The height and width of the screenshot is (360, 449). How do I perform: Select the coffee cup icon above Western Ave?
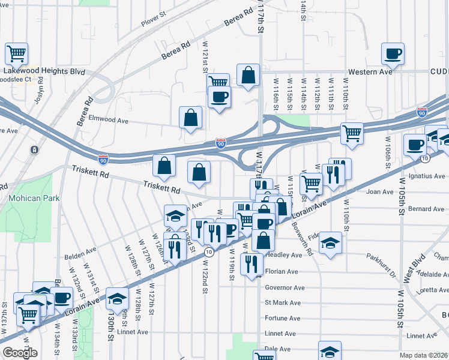(393, 54)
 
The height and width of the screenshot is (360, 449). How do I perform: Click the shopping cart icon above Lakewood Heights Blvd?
(17, 53)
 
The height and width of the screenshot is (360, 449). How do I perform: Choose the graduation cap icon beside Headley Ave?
(329, 243)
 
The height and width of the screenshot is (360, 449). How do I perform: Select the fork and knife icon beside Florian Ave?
(251, 264)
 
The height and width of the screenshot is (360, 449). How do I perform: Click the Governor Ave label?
(285, 287)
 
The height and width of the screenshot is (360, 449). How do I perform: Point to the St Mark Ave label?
(283, 302)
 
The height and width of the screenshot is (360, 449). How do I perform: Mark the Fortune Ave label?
(282, 319)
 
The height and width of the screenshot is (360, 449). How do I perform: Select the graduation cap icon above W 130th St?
(118, 298)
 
